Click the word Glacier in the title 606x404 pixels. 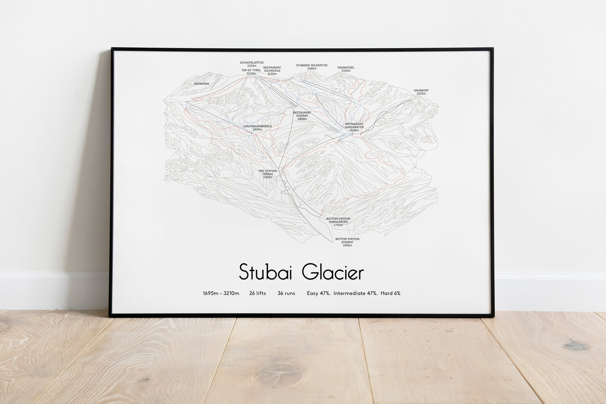coord(333,272)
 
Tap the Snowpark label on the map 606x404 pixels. coord(201,84)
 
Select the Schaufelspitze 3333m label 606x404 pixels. coord(252,64)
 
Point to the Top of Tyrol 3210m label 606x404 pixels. coord(251,72)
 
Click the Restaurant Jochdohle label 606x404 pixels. coord(272,70)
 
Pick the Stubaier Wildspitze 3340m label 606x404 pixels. coord(312,67)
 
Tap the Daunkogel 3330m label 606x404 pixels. coord(346,69)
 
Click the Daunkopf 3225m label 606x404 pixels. coord(421,92)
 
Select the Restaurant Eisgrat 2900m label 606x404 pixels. coord(302,116)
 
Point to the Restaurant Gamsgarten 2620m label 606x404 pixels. coord(354,127)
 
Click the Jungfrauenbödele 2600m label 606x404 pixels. coord(257,127)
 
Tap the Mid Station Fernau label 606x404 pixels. coord(268,174)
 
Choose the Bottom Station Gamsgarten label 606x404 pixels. coord(338,222)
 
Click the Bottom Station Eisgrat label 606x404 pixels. coord(347,242)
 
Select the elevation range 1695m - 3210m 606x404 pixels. coord(221,293)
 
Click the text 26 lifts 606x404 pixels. coord(257,293)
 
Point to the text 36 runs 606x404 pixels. coord(286,293)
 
